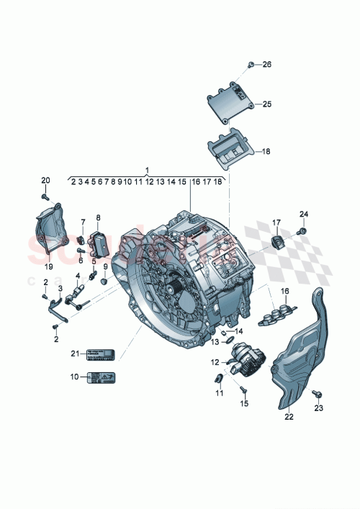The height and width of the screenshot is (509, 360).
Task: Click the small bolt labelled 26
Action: tap(251, 66)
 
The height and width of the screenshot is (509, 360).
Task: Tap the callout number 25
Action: tap(266, 104)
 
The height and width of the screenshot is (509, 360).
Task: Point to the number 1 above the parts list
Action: tap(147, 171)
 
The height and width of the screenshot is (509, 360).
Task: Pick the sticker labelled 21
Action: tap(101, 353)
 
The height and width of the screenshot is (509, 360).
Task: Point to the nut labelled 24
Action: tap(302, 231)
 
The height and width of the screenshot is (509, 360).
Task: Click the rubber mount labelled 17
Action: tap(276, 240)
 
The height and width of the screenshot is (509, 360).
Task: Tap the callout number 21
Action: tap(73, 353)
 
